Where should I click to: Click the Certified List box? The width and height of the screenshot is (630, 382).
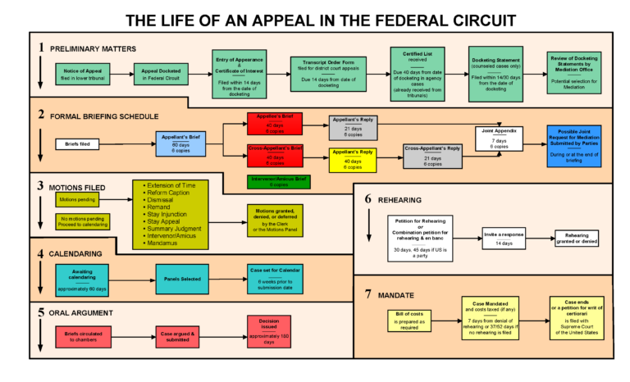pyautogui.click(x=418, y=75)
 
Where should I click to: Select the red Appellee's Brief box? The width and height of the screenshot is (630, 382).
pyautogui.click(x=275, y=124)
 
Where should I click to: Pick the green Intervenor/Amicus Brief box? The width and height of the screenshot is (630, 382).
pyautogui.click(x=275, y=180)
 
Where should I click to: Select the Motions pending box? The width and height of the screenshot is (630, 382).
pyautogui.click(x=80, y=199)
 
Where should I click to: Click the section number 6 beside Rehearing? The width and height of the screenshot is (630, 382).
pyautogui.click(x=368, y=198)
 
